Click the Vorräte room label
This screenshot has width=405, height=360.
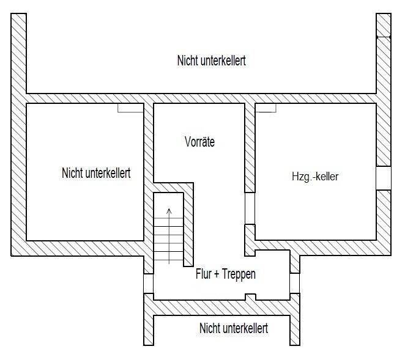point(199,142)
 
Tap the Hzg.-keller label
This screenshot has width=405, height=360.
point(315,177)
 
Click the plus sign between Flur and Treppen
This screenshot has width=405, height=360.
point(217,274)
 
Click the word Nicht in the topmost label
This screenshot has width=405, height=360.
point(188,61)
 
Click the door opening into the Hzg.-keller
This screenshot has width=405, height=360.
point(250,209)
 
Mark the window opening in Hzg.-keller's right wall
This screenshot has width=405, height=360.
point(383,177)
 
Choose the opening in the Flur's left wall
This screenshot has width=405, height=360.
point(147,283)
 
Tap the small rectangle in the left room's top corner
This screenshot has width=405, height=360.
point(129,108)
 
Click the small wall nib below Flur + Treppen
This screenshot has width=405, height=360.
point(250,297)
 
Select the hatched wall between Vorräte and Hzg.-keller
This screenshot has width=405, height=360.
point(250,147)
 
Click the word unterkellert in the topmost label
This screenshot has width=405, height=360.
point(224,61)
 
